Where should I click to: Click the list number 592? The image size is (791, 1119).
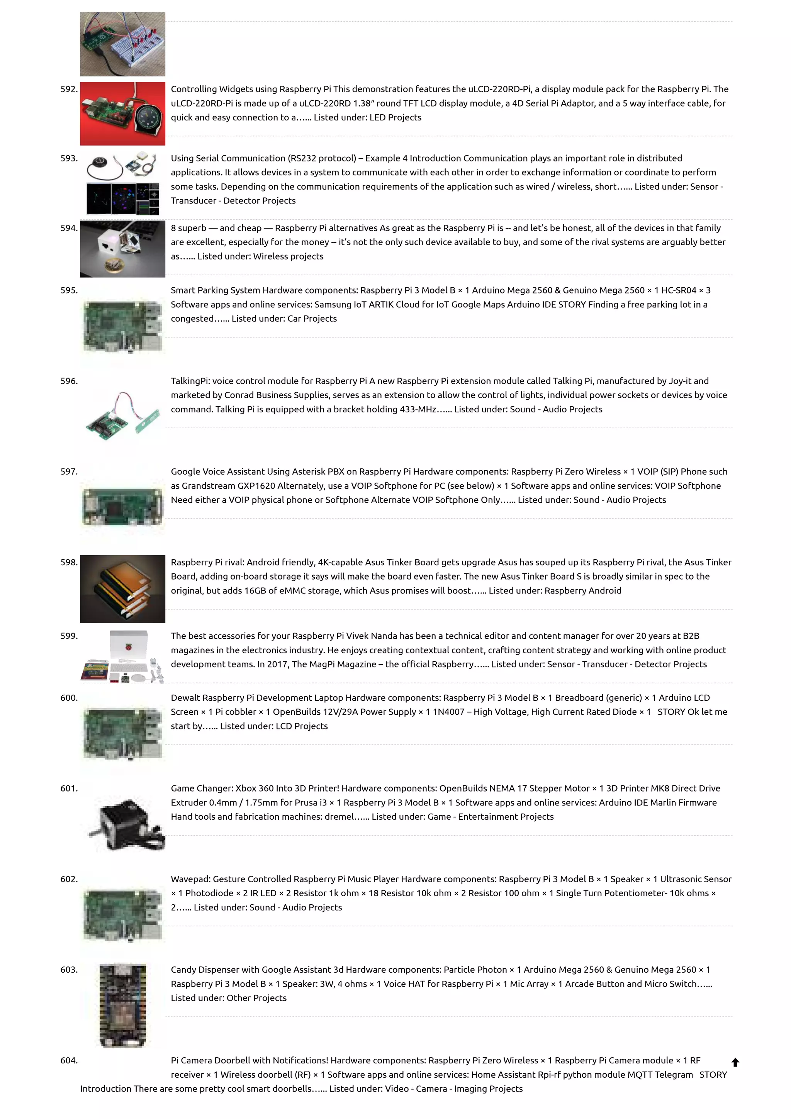69,89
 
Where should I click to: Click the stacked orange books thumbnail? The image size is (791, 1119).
122,589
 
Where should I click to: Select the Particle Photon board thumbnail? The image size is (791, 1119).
122,1005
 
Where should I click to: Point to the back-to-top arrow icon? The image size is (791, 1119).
735,1063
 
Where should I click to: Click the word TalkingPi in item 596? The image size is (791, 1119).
190,381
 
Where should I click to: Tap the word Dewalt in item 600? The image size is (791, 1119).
185,698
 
